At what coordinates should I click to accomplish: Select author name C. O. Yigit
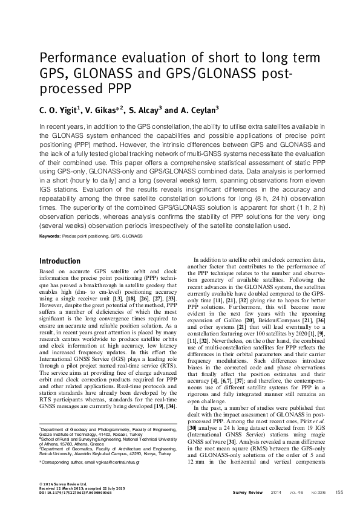click(58, 110)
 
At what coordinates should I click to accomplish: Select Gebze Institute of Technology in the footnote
click(67, 435)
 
